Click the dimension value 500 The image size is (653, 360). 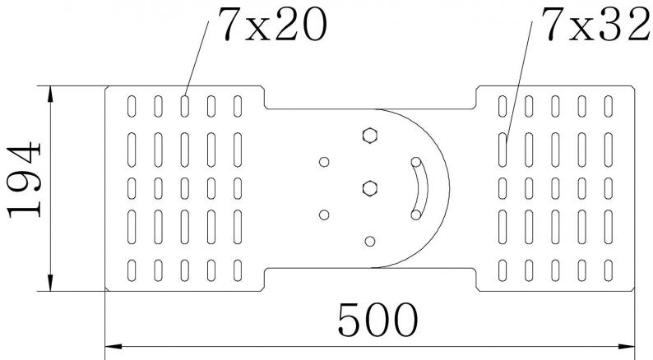pyautogui.click(x=376, y=320)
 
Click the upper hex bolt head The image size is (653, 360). pyautogui.click(x=368, y=135)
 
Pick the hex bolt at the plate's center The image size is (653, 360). pyautogui.click(x=368, y=189)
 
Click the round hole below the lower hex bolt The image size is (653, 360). pyautogui.click(x=369, y=241)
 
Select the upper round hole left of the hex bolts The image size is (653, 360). pyautogui.click(x=324, y=161)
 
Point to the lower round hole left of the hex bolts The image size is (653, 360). pyautogui.click(x=324, y=215)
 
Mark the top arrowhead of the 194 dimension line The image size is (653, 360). pyautogui.click(x=50, y=90)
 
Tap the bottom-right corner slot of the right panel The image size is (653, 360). pyautogui.click(x=609, y=269)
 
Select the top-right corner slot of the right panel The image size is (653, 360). pyautogui.click(x=609, y=106)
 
